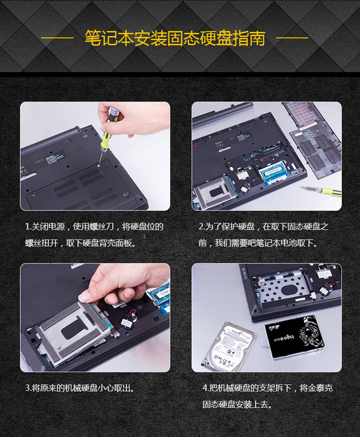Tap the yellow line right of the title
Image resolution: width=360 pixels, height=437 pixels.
[292, 38]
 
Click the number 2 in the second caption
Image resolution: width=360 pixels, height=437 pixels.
[201, 227]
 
